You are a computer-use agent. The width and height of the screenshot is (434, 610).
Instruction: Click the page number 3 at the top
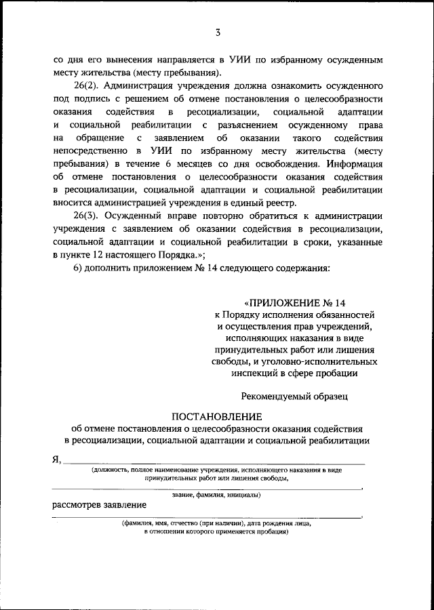(218, 31)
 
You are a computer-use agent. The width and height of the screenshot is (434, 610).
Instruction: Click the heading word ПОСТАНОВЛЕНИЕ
(216, 415)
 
